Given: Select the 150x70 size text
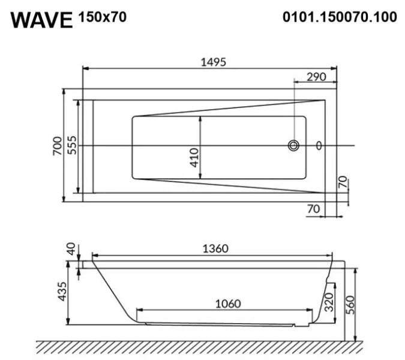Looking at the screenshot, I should coord(103,17).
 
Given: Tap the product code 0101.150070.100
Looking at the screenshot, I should coord(340,17).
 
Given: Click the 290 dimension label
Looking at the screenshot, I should coord(316,77).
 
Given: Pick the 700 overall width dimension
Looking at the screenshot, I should coord(57,146).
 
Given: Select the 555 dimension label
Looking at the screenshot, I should coord(71,146).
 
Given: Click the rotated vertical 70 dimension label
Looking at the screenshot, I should coord(343,184).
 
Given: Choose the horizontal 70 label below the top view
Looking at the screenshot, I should coord(313,209).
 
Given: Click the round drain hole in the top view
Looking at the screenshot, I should coord(294,145).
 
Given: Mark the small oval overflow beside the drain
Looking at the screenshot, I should coord(319,145).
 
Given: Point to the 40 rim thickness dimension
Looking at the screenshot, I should coord(71,250).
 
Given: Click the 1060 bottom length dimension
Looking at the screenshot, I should coord(227,303).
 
